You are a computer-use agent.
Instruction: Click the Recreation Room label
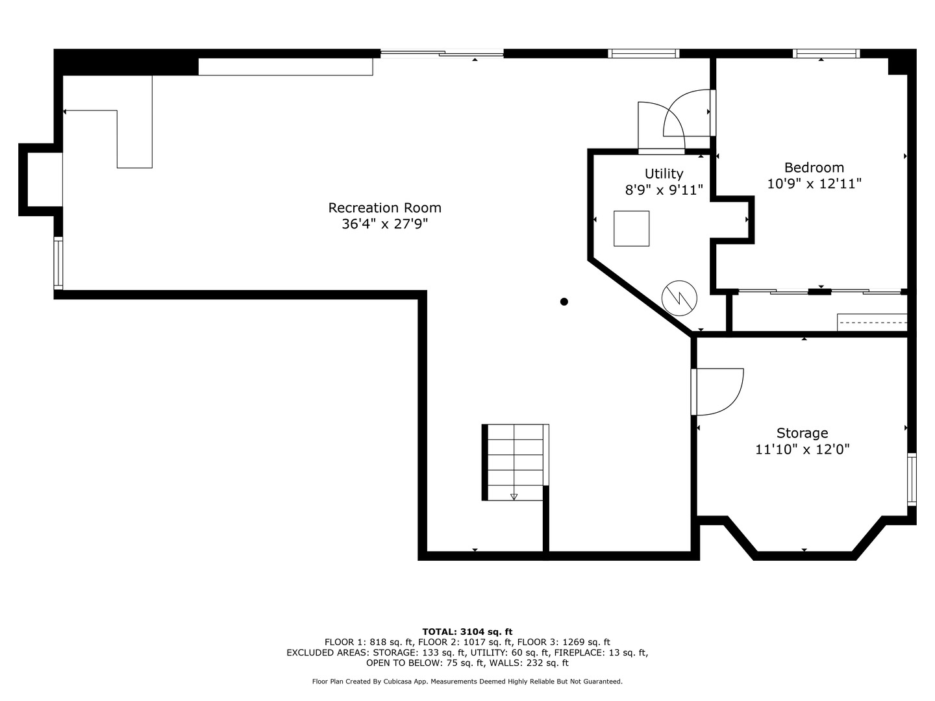(x=384, y=208)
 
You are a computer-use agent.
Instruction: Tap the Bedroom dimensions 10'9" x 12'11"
(x=814, y=184)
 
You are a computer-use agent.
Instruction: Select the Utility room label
(x=664, y=173)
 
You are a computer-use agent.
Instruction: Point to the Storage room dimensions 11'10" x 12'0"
(x=803, y=449)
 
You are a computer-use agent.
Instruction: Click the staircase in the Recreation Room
(x=515, y=462)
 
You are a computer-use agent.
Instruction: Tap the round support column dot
(x=564, y=301)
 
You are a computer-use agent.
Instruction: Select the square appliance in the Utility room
(x=631, y=228)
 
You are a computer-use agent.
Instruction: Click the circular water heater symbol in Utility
(x=679, y=299)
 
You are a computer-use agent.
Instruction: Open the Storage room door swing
(x=717, y=391)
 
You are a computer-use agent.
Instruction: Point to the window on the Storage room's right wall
(x=912, y=480)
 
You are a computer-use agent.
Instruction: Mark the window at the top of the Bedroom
(x=826, y=54)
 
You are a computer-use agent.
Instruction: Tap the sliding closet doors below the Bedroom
(x=821, y=291)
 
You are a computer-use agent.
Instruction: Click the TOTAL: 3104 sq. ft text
(x=467, y=632)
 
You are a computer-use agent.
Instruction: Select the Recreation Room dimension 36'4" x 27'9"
(x=384, y=224)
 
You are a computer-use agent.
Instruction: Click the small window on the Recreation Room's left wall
(x=58, y=263)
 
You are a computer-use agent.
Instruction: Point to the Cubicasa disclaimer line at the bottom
(x=467, y=682)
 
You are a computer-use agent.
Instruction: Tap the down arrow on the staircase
(x=514, y=497)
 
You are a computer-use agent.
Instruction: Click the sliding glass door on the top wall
(x=442, y=54)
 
